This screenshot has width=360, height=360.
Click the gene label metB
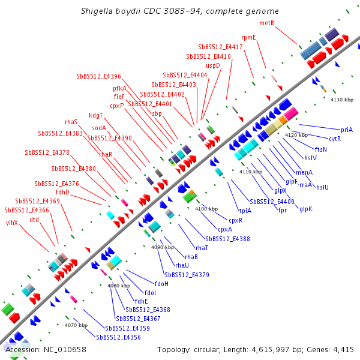(266, 23)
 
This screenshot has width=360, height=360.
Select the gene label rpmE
(248, 37)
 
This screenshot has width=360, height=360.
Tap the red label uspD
(213, 65)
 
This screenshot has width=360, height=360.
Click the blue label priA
(347, 130)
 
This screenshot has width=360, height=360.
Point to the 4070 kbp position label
(76, 325)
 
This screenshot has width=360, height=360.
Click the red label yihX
(12, 223)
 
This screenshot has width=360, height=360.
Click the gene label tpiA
(245, 211)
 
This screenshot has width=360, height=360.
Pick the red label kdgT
(96, 115)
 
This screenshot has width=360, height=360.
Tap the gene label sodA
(99, 127)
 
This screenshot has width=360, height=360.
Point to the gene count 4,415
(343, 349)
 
